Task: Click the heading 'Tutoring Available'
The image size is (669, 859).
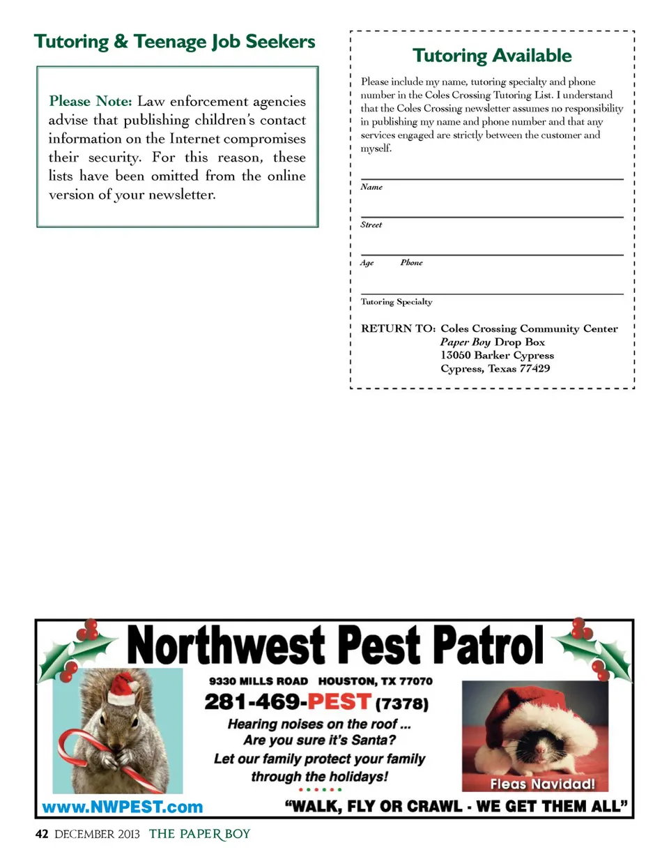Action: [x=491, y=56]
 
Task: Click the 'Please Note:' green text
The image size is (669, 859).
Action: [x=90, y=101]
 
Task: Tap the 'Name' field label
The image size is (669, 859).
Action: [x=371, y=188]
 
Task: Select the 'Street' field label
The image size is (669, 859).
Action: [x=371, y=225]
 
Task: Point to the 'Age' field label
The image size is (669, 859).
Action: [x=367, y=263]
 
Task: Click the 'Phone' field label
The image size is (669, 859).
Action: [x=411, y=263]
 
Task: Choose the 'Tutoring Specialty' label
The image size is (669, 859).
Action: [x=397, y=302]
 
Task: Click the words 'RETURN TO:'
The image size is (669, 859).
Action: [x=398, y=329]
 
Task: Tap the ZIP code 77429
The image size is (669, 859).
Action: [x=535, y=368]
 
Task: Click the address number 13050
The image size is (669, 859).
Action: [x=456, y=355]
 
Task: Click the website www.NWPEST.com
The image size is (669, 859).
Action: [x=123, y=807]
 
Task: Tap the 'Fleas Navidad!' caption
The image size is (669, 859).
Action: [x=542, y=784]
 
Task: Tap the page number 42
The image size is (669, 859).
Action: [x=41, y=835]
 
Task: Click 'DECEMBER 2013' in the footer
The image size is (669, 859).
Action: [x=97, y=835]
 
